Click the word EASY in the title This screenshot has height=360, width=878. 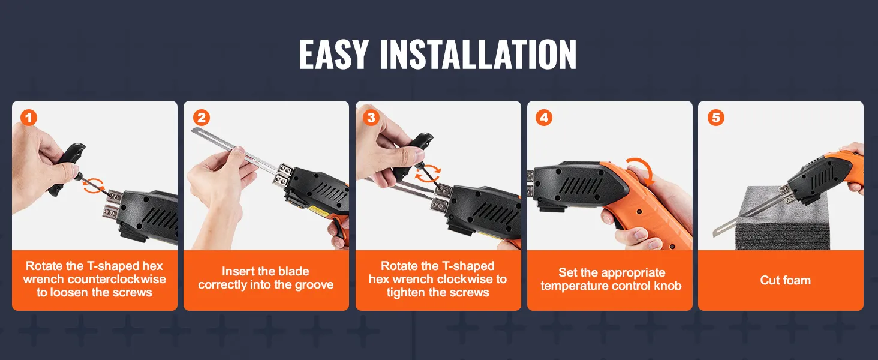click(x=334, y=55)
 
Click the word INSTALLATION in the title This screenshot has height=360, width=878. click(x=478, y=55)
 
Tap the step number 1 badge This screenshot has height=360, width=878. click(x=29, y=118)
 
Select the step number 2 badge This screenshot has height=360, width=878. click(x=201, y=118)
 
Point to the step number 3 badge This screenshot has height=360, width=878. click(x=371, y=118)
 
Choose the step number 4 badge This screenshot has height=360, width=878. click(x=544, y=118)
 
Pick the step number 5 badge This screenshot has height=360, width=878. click(x=715, y=118)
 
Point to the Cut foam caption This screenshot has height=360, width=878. click(x=785, y=280)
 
